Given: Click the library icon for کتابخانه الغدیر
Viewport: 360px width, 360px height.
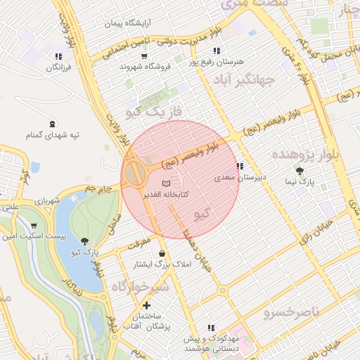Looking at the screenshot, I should [x=166, y=184].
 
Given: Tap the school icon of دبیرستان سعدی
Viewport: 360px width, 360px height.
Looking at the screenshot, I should [x=240, y=167].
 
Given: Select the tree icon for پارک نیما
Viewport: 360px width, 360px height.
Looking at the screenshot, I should [x=300, y=171].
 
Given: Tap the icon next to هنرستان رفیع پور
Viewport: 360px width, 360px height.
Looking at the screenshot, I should [x=216, y=51].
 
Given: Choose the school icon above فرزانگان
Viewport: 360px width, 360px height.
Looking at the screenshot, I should [x=58, y=56].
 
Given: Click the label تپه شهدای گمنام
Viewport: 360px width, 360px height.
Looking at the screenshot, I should [x=53, y=134].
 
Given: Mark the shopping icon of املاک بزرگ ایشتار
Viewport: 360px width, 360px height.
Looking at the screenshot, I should [x=163, y=254].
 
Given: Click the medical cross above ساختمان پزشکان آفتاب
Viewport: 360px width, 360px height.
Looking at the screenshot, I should [x=146, y=305].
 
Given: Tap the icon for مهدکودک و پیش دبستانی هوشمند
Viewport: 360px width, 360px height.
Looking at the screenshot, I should [x=210, y=328].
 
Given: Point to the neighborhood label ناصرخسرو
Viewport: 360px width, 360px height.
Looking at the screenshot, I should [x=291, y=311].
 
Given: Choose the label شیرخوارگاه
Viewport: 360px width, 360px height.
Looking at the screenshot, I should [x=140, y=286].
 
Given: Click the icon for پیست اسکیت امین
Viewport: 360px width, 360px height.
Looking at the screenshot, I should [x=34, y=226].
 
